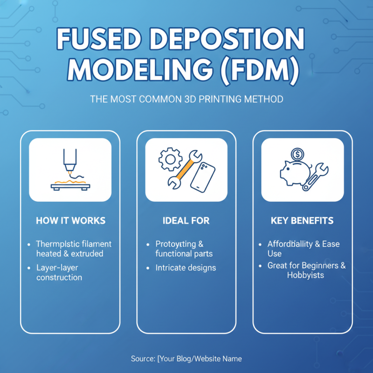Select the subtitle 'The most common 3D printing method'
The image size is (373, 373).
tap(186, 99)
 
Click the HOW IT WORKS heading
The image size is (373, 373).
tap(70, 221)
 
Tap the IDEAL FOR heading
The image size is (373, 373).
tap(186, 221)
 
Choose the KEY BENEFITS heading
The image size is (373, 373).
tap(302, 221)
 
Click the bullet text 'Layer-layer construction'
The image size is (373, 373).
tap(59, 272)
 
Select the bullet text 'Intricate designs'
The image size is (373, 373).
tap(186, 268)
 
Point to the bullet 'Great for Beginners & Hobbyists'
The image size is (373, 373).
tap(306, 270)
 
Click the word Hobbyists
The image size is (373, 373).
tap(305, 275)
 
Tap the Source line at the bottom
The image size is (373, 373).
tap(186, 358)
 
